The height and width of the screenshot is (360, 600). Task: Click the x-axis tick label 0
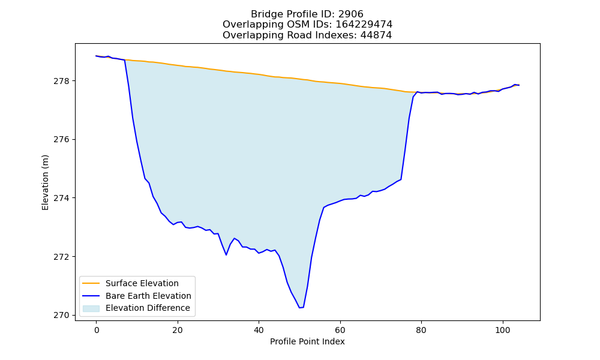97,330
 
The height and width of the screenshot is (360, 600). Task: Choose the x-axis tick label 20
178,330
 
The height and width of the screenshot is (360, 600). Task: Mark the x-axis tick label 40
259,330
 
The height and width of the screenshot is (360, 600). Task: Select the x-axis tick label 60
340,330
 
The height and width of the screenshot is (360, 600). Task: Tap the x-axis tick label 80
421,330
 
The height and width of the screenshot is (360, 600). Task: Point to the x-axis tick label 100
502,330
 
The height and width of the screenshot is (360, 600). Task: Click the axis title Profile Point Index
307,341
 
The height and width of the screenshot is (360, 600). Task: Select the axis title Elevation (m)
45,182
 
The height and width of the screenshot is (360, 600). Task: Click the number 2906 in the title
351,14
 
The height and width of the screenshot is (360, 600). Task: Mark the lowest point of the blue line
299,308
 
